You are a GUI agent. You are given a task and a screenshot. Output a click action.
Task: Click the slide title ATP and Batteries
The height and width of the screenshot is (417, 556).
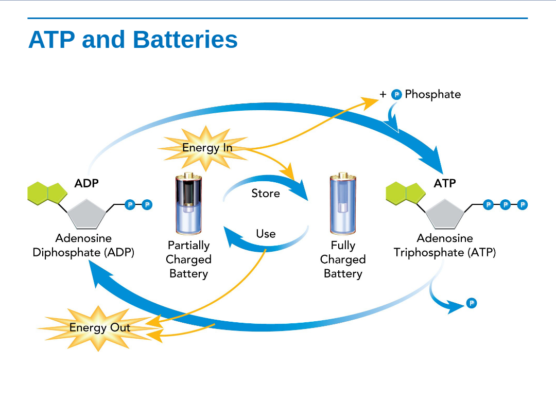point(133,40)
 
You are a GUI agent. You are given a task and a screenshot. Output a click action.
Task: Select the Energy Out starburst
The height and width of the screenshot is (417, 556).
point(99,328)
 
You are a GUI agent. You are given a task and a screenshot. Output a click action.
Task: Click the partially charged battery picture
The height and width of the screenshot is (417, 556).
point(188,204)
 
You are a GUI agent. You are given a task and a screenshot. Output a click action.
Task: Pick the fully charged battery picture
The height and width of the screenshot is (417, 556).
point(343,204)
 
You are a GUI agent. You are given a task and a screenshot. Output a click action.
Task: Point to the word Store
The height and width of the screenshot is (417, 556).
point(266,194)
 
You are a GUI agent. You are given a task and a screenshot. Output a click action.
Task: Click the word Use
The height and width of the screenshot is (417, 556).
point(266,234)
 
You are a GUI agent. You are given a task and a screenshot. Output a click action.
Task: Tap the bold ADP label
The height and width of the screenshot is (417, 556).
point(86,183)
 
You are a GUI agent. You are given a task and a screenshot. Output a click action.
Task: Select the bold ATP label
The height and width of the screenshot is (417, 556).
point(444,183)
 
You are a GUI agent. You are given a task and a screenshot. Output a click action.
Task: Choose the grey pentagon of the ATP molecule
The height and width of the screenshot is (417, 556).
point(445,214)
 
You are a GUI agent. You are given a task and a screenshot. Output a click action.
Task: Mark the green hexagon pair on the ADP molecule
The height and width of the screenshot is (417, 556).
point(47,193)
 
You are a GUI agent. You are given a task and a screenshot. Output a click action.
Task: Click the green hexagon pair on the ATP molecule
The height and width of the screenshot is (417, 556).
point(406,193)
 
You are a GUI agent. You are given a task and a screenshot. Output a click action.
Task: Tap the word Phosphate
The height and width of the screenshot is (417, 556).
point(432,95)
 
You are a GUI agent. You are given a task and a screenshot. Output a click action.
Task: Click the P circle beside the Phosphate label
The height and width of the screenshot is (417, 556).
point(396,95)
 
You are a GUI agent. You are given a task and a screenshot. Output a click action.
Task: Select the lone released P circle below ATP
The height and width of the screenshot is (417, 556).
point(472,303)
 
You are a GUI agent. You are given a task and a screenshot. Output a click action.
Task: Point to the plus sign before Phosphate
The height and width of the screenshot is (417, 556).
point(383,95)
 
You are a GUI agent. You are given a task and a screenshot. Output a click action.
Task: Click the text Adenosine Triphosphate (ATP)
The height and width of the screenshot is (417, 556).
point(445,246)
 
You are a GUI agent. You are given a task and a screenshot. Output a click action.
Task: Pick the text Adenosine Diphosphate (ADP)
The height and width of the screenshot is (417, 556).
point(83,246)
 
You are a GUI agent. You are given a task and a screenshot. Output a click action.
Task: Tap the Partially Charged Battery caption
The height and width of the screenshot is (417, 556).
point(188,259)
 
